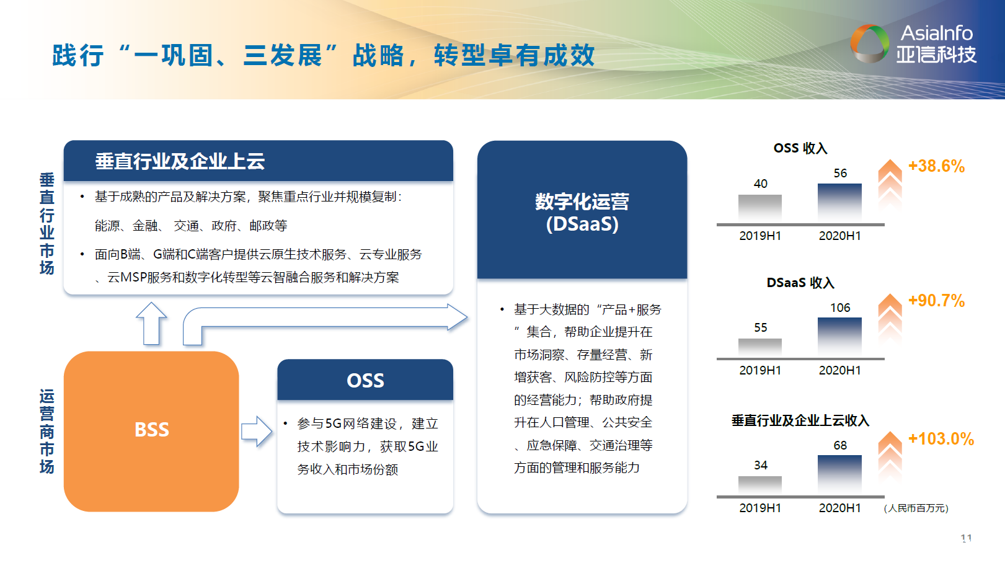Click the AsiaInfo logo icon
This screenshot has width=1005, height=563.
[x=869, y=43]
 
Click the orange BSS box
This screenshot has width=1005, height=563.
[x=151, y=431]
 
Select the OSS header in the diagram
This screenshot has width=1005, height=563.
[x=365, y=380]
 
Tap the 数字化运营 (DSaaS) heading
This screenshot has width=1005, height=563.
[x=582, y=212]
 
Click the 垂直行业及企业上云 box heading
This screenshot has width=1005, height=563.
[x=180, y=161]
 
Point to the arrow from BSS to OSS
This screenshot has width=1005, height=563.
[x=256, y=431]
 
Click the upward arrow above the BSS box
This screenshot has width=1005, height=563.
[x=152, y=322]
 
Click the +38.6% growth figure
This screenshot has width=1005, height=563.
[x=936, y=166]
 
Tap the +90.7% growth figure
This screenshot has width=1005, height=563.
[x=936, y=301]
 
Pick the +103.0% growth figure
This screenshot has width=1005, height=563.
[x=941, y=439]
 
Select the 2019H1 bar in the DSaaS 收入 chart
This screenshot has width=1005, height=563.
[x=760, y=347]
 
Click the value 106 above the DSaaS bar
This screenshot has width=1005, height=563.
[x=840, y=308]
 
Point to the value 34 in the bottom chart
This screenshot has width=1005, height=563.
[x=761, y=465]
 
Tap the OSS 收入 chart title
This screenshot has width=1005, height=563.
[x=800, y=148]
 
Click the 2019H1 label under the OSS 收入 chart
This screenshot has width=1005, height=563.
[x=760, y=236]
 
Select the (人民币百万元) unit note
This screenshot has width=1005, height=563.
[x=916, y=508]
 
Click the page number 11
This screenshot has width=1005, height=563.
[x=966, y=538]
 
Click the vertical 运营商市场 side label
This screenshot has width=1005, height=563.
[x=47, y=431]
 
